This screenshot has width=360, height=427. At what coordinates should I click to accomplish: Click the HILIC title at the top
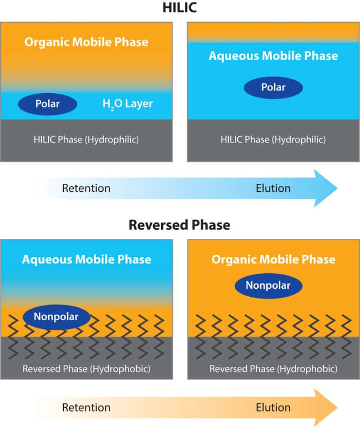180,8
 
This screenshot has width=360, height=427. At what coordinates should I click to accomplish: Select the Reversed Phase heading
180,225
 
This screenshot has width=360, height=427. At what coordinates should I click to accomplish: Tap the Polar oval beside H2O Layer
48,104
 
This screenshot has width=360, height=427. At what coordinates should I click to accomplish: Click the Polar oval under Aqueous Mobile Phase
273,87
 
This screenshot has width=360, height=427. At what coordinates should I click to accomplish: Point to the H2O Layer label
127,104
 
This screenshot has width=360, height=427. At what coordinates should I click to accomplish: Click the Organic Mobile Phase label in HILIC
86,42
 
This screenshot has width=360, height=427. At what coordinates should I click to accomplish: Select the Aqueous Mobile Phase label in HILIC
273,56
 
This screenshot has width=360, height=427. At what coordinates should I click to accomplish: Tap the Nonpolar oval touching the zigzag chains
56,317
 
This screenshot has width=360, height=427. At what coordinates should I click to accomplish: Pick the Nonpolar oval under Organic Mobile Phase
268,285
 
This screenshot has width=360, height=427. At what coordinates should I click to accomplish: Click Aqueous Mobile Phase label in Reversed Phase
87,259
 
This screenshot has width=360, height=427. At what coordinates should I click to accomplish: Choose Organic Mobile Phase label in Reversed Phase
273,259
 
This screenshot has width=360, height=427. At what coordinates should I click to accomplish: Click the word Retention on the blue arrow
86,188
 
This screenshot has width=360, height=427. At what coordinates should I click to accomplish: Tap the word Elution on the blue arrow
273,188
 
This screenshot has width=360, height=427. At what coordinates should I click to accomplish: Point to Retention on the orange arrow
86,407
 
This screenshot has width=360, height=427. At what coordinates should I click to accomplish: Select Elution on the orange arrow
273,407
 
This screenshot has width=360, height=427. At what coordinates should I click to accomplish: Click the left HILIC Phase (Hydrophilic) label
86,139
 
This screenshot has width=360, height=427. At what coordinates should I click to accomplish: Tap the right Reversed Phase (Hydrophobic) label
273,369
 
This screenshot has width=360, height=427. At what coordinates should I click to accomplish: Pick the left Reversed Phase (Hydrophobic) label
86,369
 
